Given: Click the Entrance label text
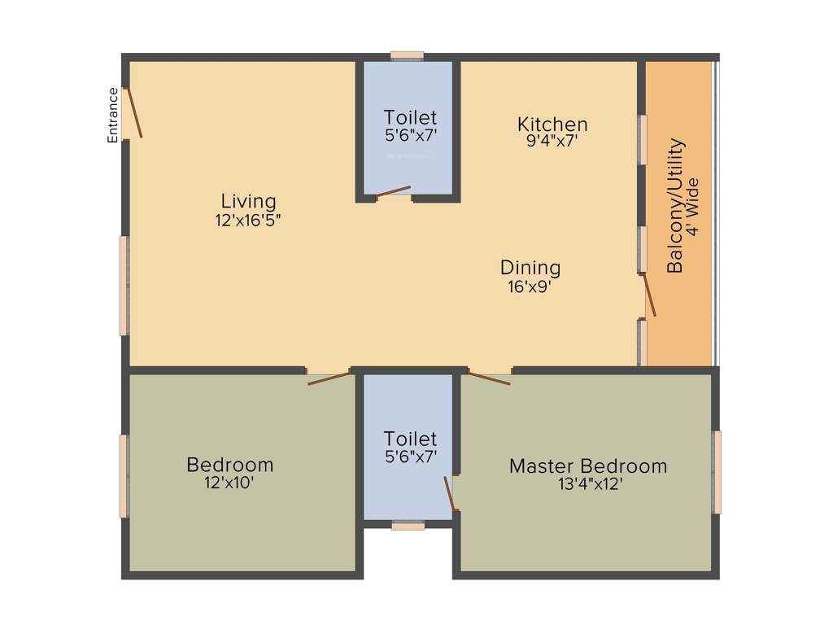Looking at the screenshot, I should pos(113,115).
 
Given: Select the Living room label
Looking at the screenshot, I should pos(248,200).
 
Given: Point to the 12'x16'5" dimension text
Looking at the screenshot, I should pos(248,219).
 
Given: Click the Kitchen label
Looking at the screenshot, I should pos(552,124).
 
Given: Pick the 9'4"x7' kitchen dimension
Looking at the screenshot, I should pos(552,140).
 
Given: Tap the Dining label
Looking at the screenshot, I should pos(530,267).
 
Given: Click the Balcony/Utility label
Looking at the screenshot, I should pos(675,206).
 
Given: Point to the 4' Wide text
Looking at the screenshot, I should pos(693,206).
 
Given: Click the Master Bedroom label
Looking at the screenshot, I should pos(587,466).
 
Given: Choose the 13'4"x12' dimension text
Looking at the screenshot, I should pos(587,484).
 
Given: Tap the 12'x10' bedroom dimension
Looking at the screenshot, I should pos(230,482).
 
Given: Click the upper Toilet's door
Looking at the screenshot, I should pos(394,191).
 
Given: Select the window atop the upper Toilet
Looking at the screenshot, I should pos(407,55).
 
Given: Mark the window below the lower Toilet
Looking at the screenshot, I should pos(408,527).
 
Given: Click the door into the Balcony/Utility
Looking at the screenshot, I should pos(650,295).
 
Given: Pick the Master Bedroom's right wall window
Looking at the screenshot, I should pos(717,472).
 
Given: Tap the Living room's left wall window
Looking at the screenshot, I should pos(124,285).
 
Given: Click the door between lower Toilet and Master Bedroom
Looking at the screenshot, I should pos(448,493).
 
